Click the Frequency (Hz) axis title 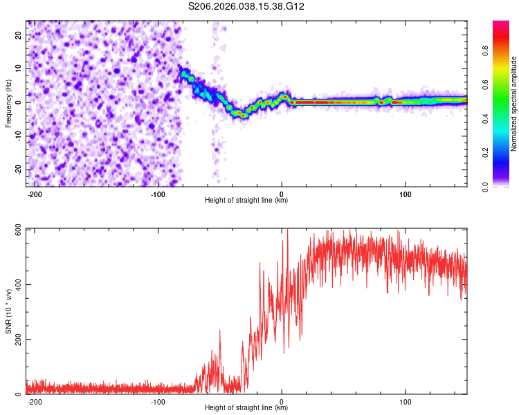coord(8,102)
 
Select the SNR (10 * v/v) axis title coord(8,311)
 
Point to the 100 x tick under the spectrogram coord(406,194)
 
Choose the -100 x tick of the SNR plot coord(158,401)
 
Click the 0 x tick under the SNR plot coord(282,401)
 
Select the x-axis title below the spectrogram coord(246,201)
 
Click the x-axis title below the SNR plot coord(246,408)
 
